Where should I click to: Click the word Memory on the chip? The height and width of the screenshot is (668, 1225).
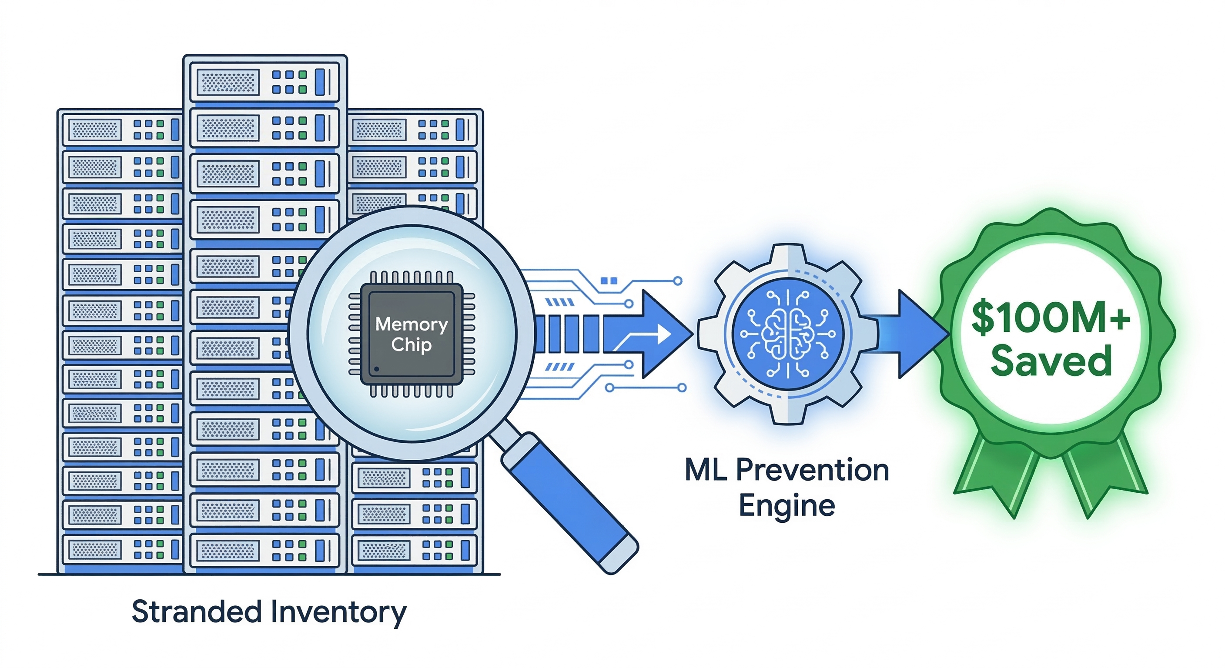pos(412,324)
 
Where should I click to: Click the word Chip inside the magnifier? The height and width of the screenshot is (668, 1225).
pos(412,345)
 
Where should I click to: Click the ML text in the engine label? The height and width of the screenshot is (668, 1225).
pos(706,471)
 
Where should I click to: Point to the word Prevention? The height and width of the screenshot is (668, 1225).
pos(812,471)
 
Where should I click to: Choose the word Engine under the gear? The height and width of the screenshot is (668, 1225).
pos(787,505)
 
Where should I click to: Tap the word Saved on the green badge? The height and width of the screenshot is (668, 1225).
pos(1051,361)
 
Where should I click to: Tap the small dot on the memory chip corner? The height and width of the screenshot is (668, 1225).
pos(377,369)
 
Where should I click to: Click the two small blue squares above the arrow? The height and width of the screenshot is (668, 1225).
pos(609,281)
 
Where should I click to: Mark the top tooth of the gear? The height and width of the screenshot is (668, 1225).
pos(788,253)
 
